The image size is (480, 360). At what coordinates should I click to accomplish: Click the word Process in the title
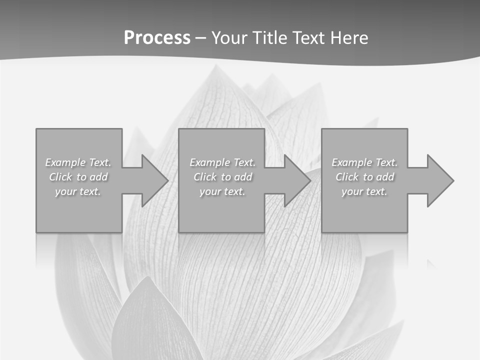pos(157,38)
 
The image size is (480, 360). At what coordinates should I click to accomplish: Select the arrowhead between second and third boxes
pos(296,180)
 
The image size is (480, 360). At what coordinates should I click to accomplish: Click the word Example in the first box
pos(65,162)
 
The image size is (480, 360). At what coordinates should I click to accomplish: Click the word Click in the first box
pos(61,177)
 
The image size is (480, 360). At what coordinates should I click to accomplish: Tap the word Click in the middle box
pos(205,177)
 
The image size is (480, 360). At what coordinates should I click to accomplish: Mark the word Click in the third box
pos(347,177)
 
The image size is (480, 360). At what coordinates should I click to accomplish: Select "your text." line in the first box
pos(78,191)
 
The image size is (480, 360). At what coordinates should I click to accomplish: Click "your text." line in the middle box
pos(222,191)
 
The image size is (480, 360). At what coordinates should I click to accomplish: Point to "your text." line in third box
pos(364,191)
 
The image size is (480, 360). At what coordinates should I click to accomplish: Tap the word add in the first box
pos(99,177)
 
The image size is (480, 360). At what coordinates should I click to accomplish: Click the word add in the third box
pos(385,177)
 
